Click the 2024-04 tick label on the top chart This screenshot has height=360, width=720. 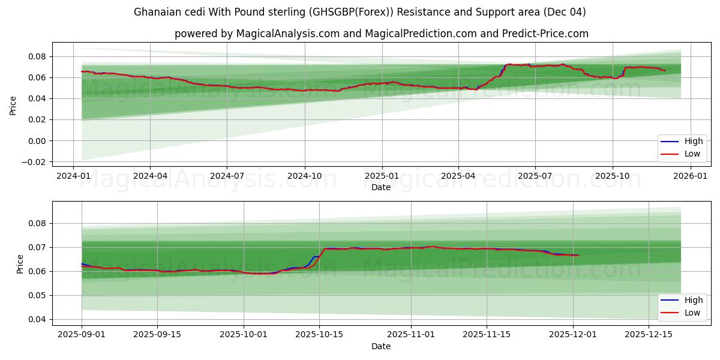150,176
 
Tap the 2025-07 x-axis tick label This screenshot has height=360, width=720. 535,176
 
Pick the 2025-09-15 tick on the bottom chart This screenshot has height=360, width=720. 157,335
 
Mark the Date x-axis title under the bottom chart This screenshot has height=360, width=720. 381,346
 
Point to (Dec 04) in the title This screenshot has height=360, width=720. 565,12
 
